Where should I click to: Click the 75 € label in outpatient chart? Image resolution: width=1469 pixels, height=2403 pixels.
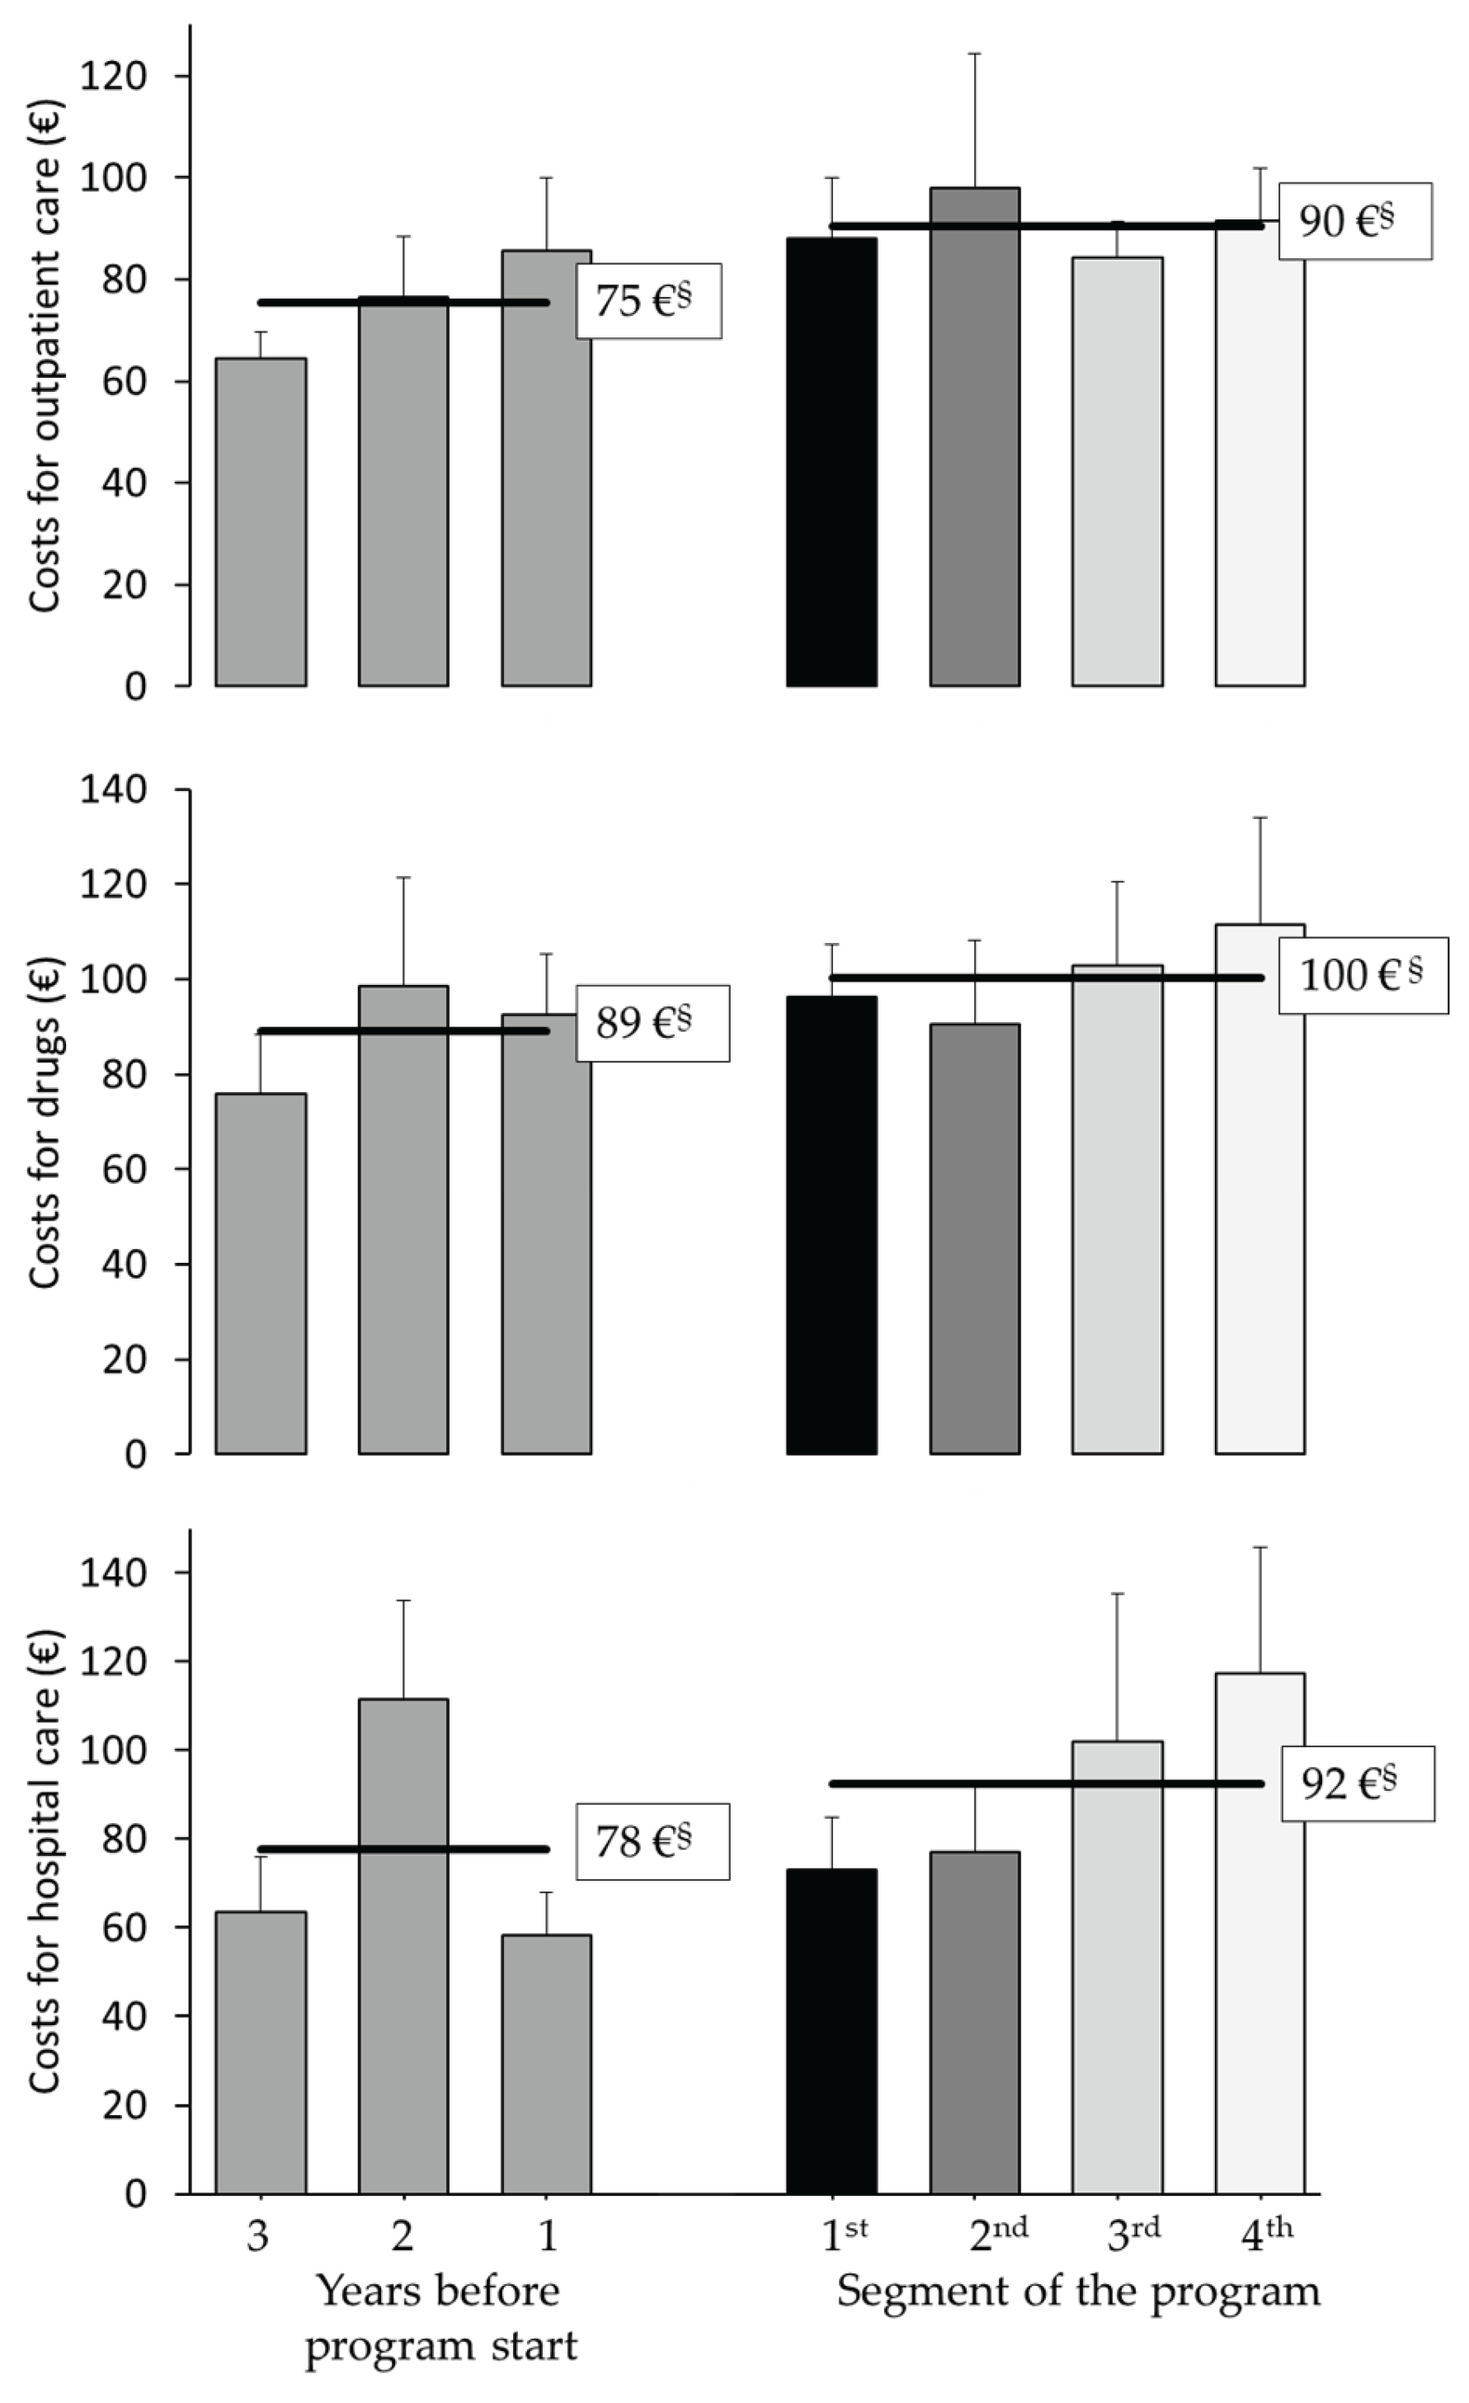click(647, 301)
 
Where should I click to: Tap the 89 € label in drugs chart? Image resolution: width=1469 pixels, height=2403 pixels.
click(652, 1023)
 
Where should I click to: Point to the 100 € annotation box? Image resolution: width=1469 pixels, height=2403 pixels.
click(1363, 975)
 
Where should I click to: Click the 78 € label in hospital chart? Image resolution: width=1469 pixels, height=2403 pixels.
click(652, 1841)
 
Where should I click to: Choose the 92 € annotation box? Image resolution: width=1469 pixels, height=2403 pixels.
click(1356, 1783)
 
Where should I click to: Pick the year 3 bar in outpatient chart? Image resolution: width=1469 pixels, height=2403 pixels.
click(261, 521)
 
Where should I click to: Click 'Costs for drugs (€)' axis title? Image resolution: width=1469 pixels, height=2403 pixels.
click(44, 1122)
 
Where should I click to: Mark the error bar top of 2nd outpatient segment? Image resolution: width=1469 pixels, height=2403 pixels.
click(974, 54)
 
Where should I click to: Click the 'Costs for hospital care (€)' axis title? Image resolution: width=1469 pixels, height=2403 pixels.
click(44, 1863)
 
